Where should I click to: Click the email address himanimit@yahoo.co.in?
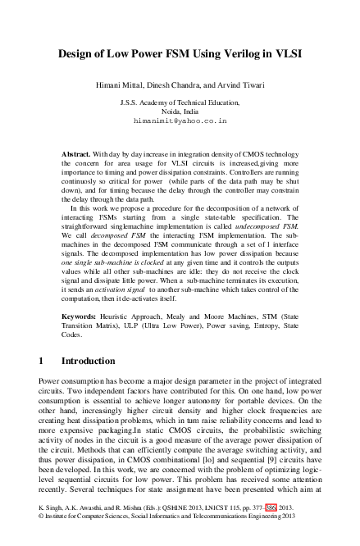click(180, 120)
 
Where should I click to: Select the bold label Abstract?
click(78, 153)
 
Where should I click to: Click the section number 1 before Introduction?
click(42, 360)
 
